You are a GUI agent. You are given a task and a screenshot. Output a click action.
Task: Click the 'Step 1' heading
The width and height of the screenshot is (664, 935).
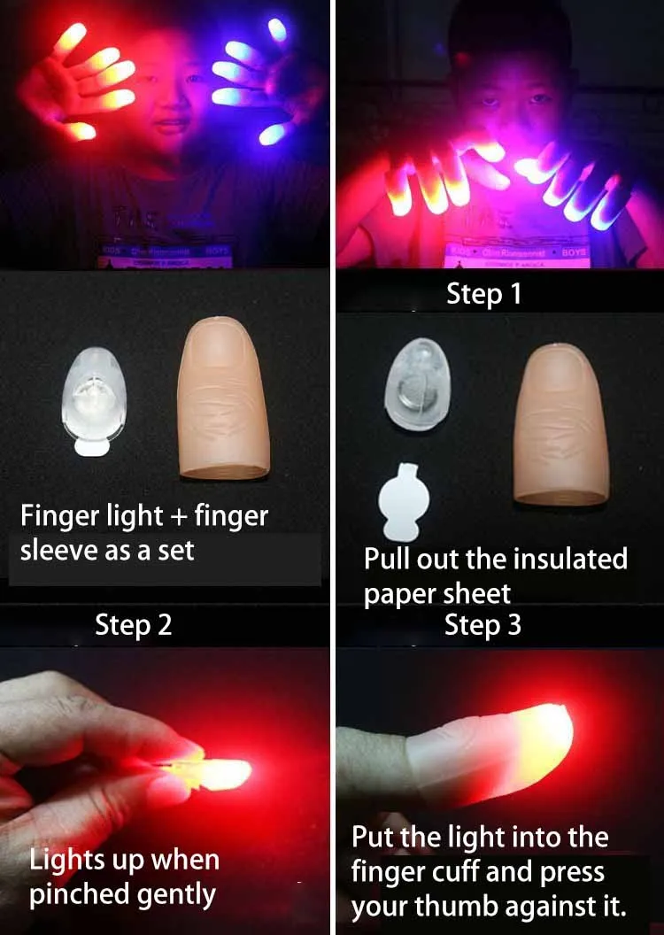tap(484, 294)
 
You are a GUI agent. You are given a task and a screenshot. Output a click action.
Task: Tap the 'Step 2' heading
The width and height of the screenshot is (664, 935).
tap(133, 625)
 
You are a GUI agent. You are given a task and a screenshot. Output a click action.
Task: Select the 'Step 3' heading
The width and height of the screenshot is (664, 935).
tap(483, 625)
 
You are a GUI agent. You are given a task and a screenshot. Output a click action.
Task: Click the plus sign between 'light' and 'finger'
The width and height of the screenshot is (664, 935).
tap(178, 514)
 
